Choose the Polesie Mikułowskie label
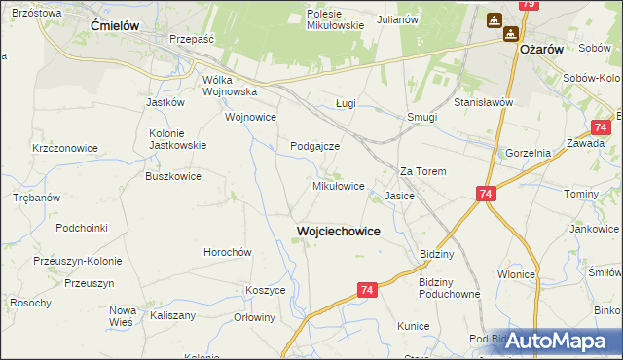(x=335, y=20)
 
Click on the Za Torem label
(x=423, y=171)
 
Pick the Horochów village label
(x=228, y=251)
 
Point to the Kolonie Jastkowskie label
(x=176, y=138)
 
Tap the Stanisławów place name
(x=483, y=101)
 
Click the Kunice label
(x=413, y=326)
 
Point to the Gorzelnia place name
(x=529, y=153)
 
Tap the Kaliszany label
(x=173, y=315)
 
